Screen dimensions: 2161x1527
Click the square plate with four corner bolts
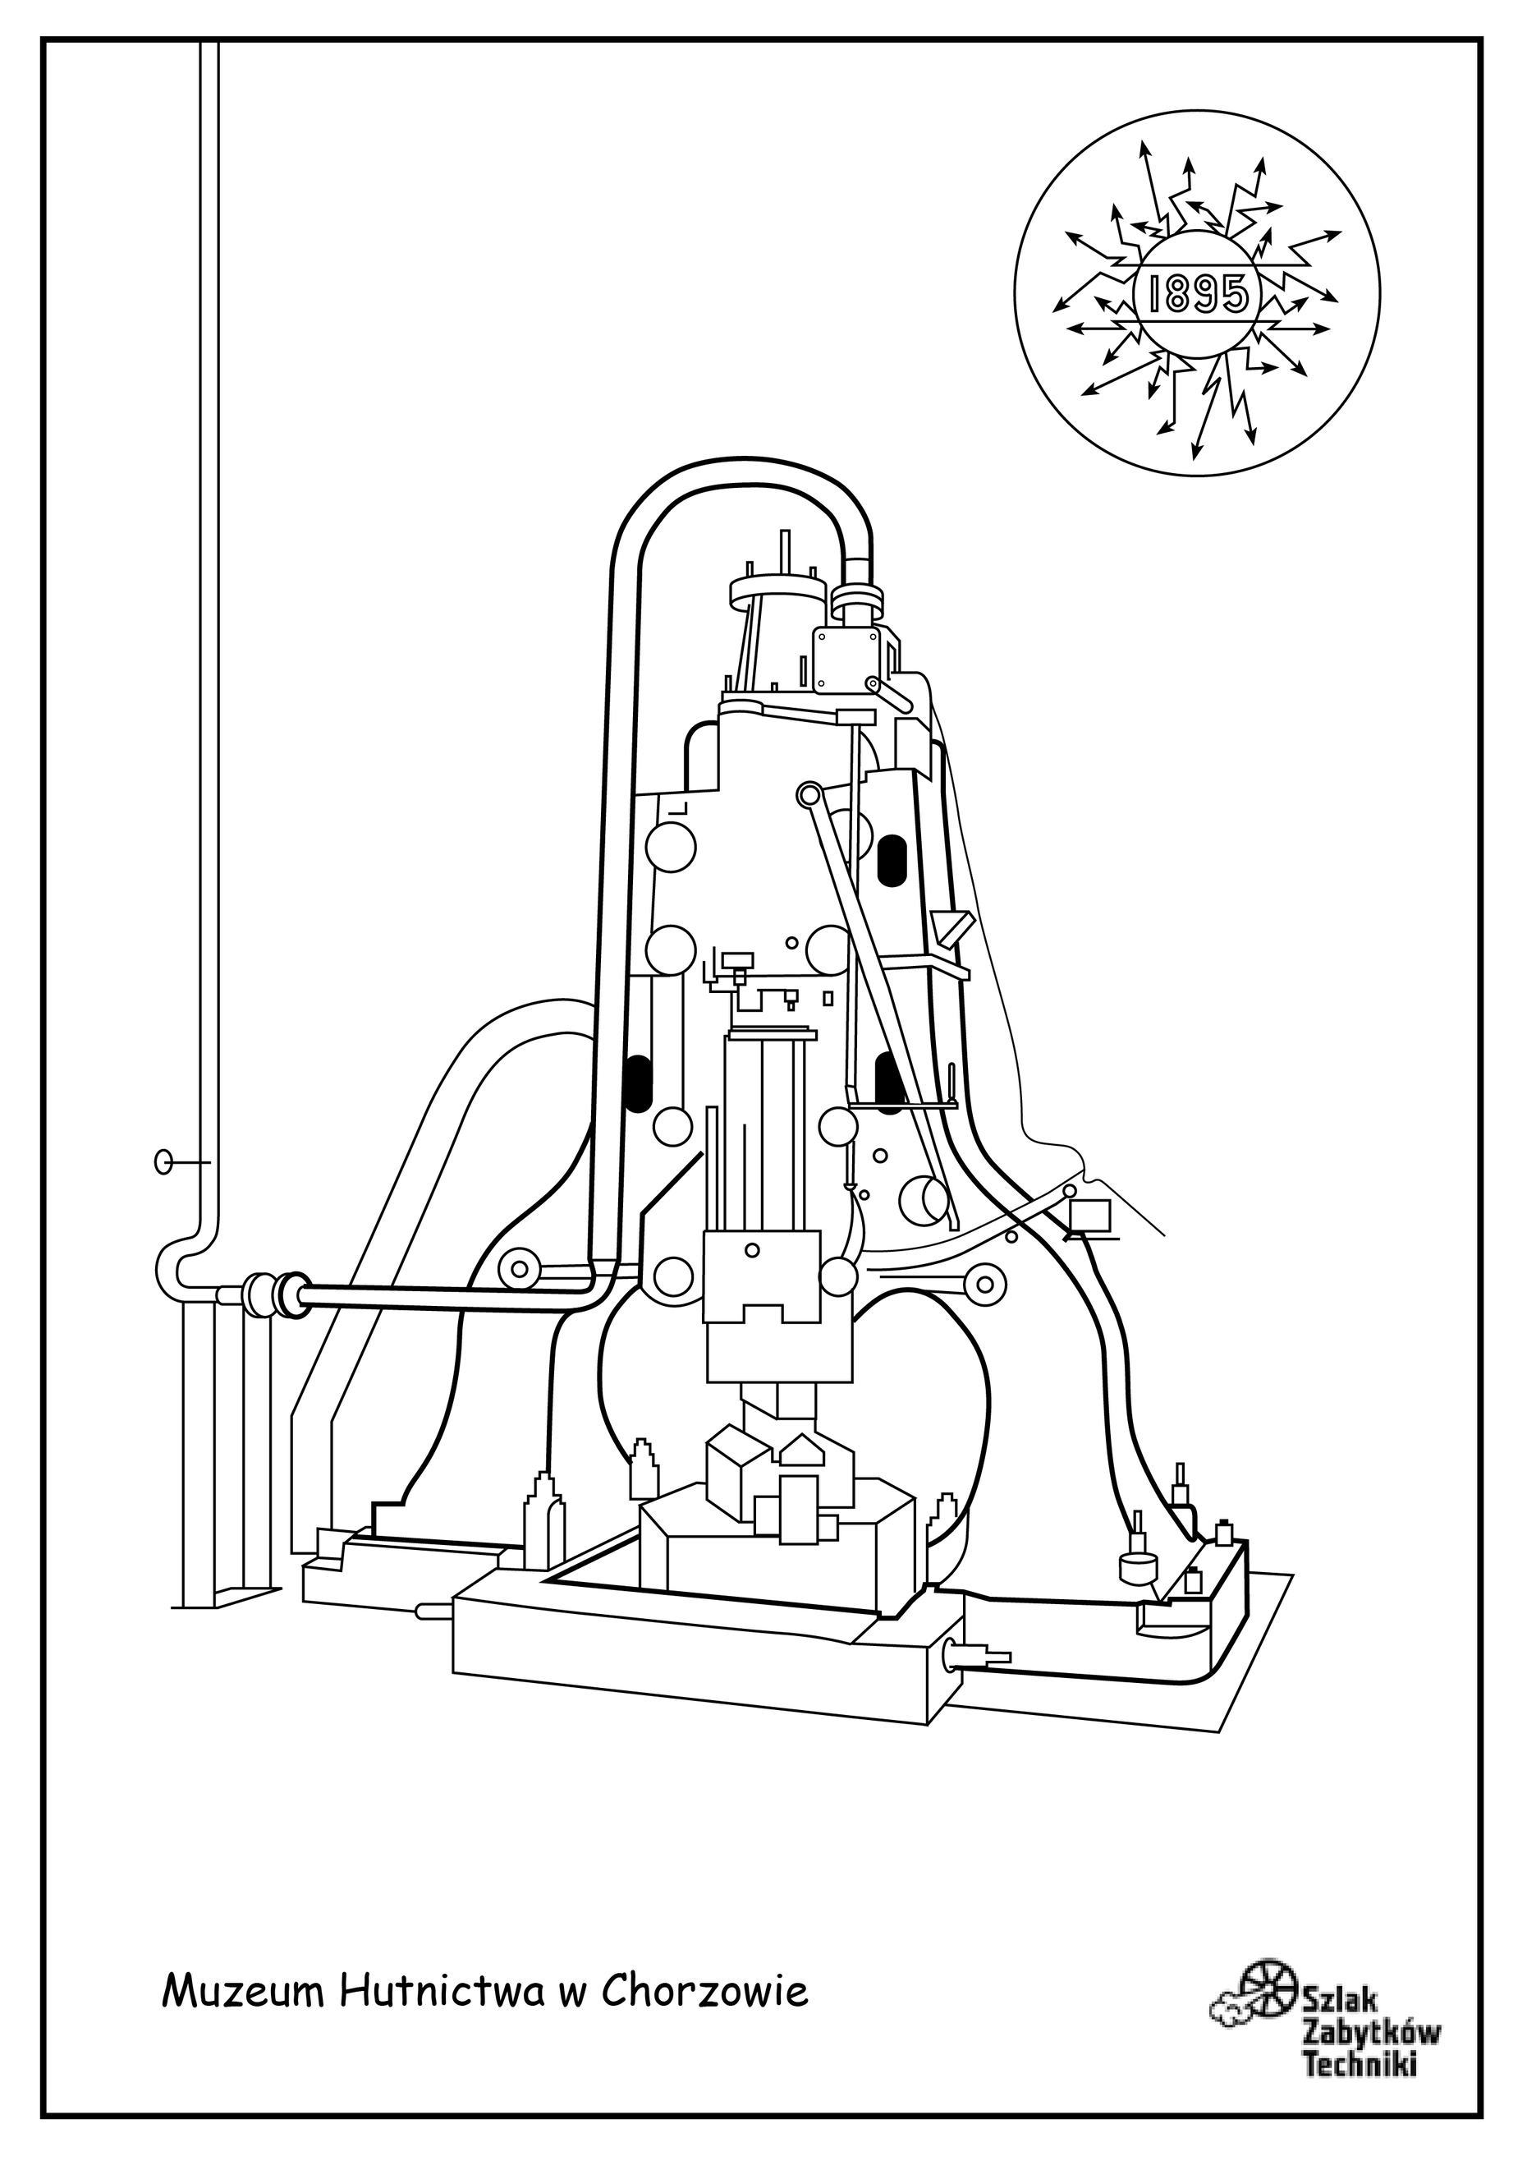846,660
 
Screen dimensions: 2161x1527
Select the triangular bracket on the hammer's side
952,927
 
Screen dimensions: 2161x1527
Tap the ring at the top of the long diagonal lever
807,795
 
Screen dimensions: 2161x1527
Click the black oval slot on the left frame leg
638,1083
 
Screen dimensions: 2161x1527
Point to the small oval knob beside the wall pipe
163,1162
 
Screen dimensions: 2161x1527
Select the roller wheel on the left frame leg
517,1271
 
